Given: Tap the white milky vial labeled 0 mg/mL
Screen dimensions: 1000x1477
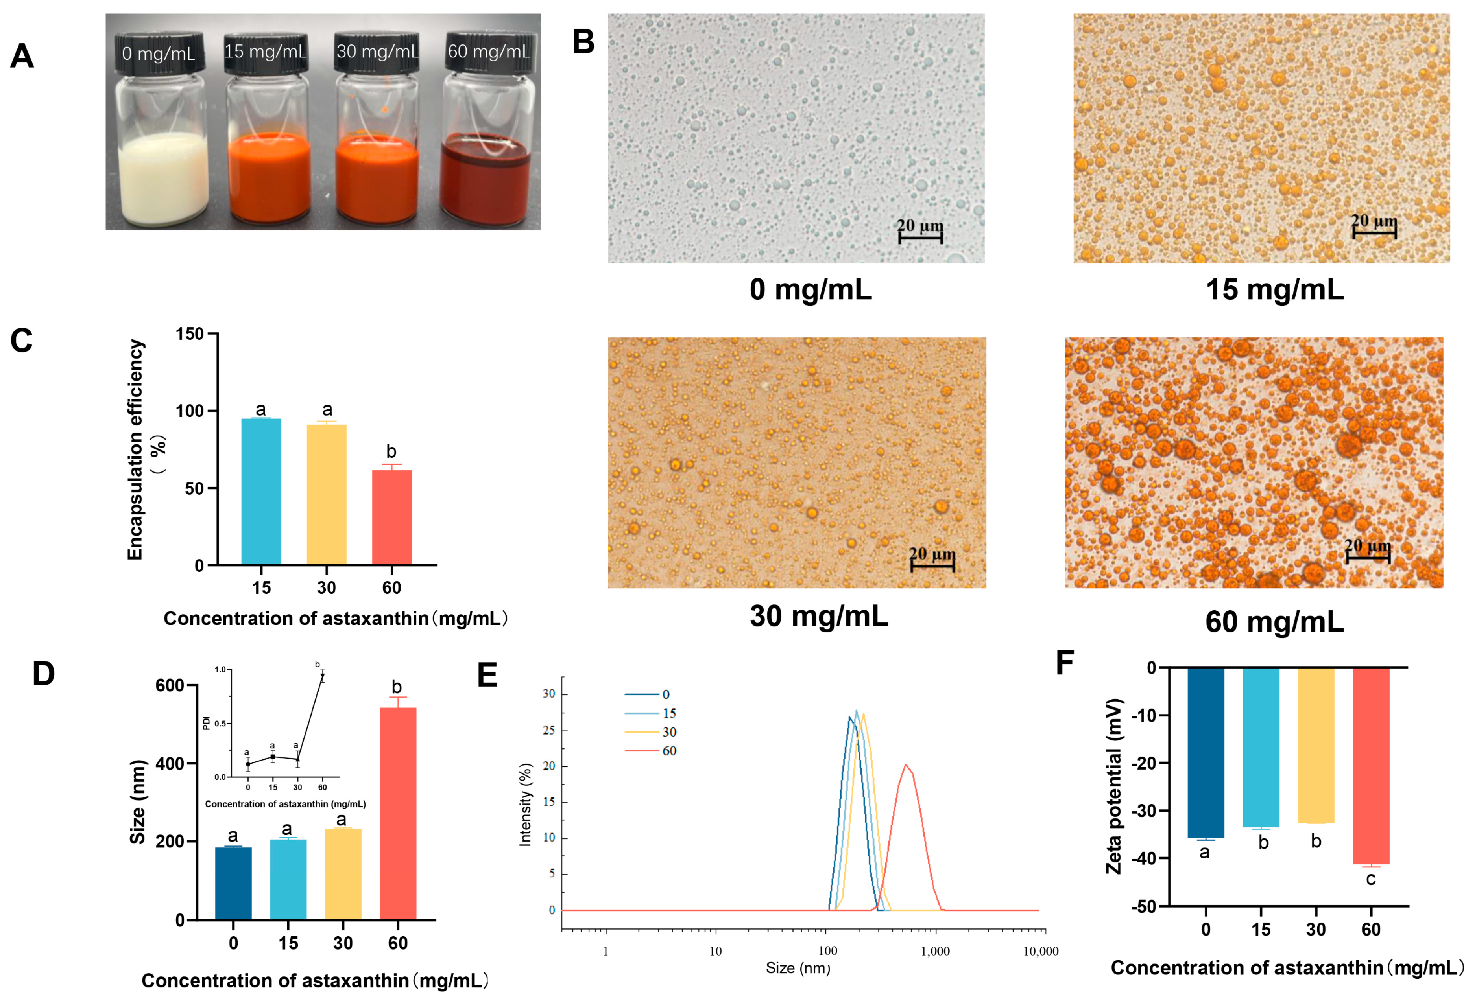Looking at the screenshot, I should click(163, 178).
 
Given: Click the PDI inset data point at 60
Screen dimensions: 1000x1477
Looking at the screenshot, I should click(322, 677).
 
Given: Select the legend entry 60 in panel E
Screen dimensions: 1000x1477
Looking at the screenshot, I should click(668, 751).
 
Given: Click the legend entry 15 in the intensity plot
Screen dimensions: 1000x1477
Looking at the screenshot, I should click(668, 713).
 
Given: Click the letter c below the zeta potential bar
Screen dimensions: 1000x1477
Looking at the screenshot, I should click(1371, 879).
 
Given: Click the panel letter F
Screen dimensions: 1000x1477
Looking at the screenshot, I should click(1065, 663).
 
